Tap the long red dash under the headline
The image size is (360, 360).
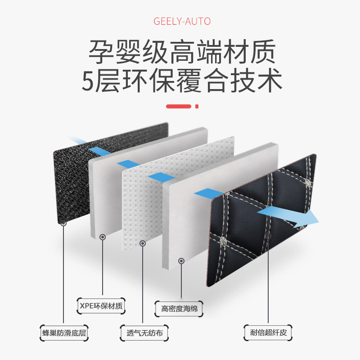pos(180,107)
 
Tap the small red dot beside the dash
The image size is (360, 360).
pos(197,107)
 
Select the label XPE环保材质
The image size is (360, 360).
pos(100,306)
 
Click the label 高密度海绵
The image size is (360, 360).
pos(180,309)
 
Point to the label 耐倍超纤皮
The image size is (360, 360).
pos(268,333)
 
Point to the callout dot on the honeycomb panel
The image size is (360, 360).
pos(64,223)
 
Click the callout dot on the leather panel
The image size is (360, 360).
pos(268,235)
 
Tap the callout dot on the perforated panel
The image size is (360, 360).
pos(143,243)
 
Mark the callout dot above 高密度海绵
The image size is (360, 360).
pos(181,261)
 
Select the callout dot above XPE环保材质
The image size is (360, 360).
pos(103,236)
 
